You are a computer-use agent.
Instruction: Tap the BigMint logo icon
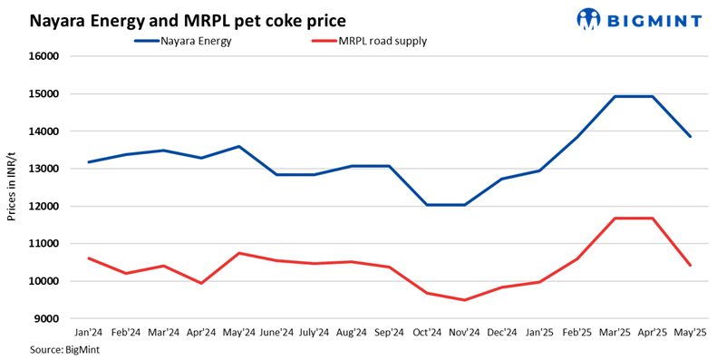point(588,18)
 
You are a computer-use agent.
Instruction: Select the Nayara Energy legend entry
point(196,40)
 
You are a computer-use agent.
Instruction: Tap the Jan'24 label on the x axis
point(88,333)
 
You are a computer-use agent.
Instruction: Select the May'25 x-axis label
point(690,333)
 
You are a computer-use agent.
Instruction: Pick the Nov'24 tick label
point(464,333)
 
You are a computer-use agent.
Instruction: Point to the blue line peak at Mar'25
point(615,96)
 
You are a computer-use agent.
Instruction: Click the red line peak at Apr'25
point(653,219)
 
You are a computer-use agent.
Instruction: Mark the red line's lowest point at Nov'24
point(464,300)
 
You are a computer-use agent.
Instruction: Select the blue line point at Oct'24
point(427,205)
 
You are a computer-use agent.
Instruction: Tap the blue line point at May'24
point(238,146)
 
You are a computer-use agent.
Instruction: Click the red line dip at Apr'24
point(201,283)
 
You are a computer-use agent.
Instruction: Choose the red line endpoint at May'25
point(690,265)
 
